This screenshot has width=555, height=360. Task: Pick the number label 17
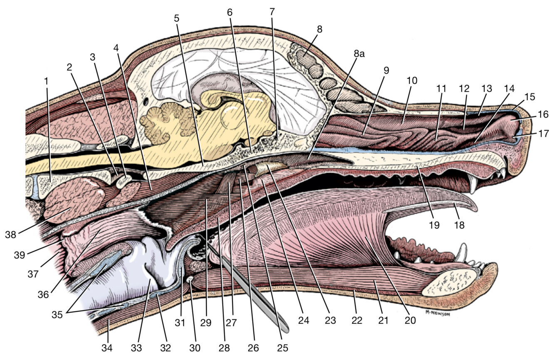[543, 133]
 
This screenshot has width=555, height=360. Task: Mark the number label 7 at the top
[272, 11]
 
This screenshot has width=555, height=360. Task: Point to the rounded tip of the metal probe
[285, 328]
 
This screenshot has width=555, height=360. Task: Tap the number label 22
[357, 321]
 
